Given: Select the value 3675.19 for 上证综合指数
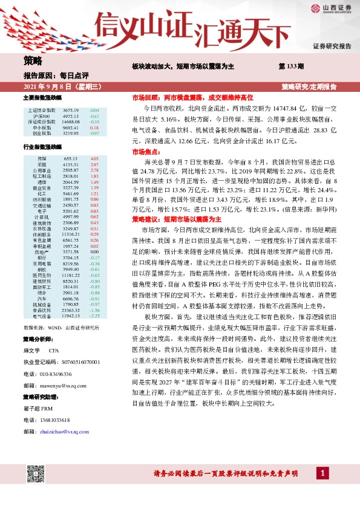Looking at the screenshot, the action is pyautogui.click(x=71, y=111).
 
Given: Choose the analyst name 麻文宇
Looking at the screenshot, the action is pyautogui.click(x=31, y=350).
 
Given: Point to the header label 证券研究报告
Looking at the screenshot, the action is pyautogui.click(x=332, y=47).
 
